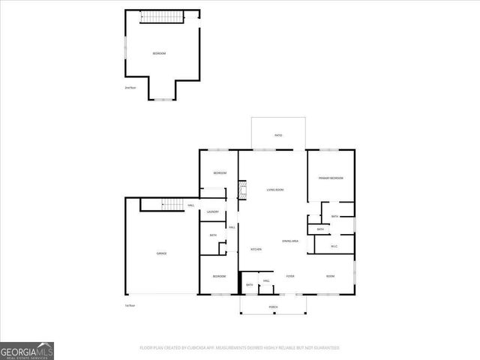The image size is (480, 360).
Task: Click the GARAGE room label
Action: [161, 253]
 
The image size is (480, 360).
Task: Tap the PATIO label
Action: [278, 135]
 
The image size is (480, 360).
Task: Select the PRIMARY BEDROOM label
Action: [331, 178]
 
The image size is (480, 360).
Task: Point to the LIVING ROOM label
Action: [274, 190]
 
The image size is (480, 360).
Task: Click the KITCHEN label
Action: [256, 249]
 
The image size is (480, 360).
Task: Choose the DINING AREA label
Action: [291, 241]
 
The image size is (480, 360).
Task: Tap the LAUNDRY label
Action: [213, 212]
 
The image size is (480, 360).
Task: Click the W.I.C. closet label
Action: [334, 246]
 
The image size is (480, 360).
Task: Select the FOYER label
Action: [289, 276]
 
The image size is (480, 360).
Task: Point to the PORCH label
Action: [273, 307]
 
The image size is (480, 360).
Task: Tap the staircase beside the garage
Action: [173, 205]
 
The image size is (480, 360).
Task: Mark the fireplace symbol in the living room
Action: [242, 190]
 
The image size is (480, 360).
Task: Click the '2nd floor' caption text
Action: [130, 88]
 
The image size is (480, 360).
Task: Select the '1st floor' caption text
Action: [130, 305]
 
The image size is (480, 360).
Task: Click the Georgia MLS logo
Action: [27, 350]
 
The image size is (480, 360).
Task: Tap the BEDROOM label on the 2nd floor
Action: [159, 54]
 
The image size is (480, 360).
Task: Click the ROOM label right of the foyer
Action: [330, 276]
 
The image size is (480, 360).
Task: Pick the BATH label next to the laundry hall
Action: [213, 235]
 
